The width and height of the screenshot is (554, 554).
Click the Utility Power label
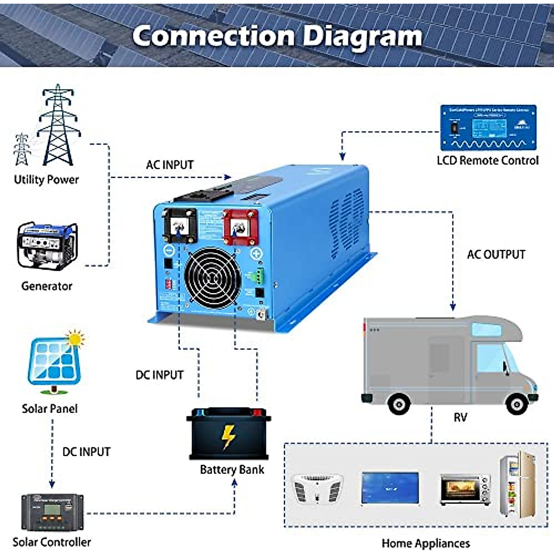pyautogui.click(x=46, y=180)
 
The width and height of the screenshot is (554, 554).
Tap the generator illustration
pyautogui.click(x=47, y=247)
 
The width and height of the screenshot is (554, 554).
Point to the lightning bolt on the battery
pyautogui.click(x=228, y=437)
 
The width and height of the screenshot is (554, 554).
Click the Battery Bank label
pyautogui.click(x=232, y=470)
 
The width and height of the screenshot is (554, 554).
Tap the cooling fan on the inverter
pyautogui.click(x=213, y=278)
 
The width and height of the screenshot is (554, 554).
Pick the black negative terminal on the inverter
pyautogui.click(x=179, y=225)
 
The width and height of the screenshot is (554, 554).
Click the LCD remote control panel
pyautogui.click(x=488, y=127)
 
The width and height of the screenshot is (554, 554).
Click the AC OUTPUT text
pyautogui.click(x=496, y=254)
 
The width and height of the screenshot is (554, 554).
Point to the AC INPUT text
pyautogui.click(x=169, y=165)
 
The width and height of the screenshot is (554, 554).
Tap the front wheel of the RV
pyautogui.click(x=517, y=404)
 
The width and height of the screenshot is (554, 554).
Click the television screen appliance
pyautogui.click(x=391, y=488)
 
